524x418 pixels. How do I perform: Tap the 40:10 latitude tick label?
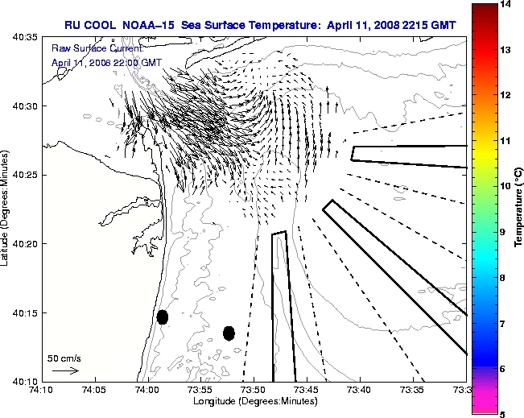point(23,381)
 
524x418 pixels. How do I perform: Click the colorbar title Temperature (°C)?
point(519,209)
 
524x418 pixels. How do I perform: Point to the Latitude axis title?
point(6,209)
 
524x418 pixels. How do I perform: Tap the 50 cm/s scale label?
point(64,358)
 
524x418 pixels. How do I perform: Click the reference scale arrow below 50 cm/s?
point(64,370)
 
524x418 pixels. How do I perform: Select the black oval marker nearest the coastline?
point(163,317)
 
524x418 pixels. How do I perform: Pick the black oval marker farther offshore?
point(229,333)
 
